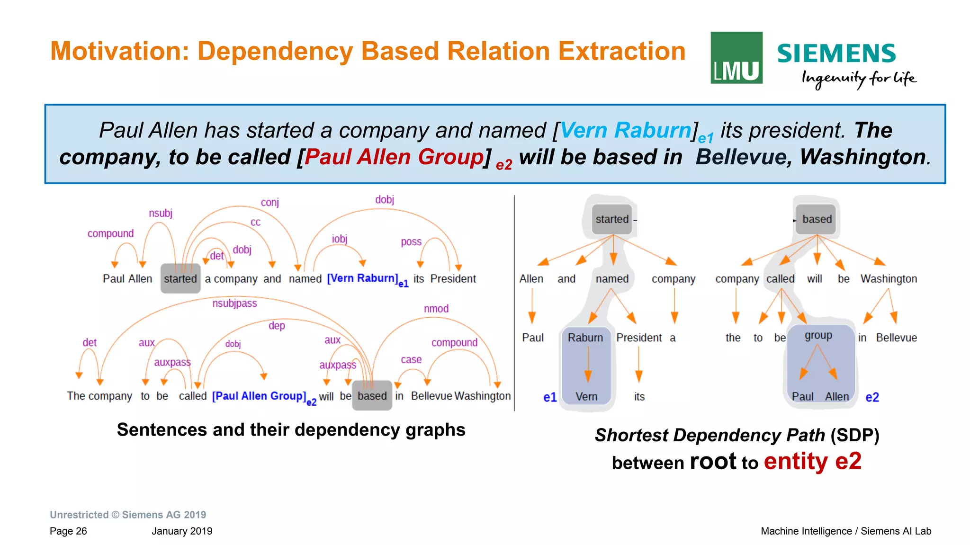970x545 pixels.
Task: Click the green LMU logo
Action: (x=736, y=58)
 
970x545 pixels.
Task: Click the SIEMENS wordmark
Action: (x=836, y=53)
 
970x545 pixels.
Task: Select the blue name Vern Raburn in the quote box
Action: (x=625, y=130)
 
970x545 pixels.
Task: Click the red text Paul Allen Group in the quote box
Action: (x=394, y=157)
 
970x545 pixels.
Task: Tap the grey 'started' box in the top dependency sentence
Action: (x=180, y=278)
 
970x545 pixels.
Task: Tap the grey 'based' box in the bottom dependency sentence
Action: (x=372, y=395)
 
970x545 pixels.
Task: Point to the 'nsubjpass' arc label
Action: (x=234, y=303)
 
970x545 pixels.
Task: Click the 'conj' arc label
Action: (x=270, y=202)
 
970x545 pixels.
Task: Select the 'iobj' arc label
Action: (x=340, y=239)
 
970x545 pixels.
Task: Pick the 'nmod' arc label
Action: (x=436, y=309)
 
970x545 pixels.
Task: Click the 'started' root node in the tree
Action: (x=612, y=219)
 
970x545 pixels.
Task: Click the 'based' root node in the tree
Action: (x=817, y=219)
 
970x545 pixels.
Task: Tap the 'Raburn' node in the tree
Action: (x=585, y=338)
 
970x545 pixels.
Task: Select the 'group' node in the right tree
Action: (x=818, y=336)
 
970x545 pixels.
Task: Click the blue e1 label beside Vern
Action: (x=550, y=397)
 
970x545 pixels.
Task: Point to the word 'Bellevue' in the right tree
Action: (x=896, y=338)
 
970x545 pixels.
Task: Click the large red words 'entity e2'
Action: (x=812, y=461)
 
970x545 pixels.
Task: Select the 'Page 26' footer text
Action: (x=68, y=531)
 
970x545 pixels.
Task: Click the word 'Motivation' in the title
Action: (x=119, y=51)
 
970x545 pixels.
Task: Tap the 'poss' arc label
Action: (x=411, y=242)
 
